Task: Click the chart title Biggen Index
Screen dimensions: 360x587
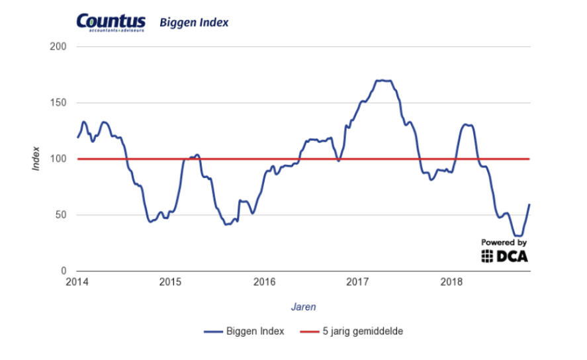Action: [194, 23]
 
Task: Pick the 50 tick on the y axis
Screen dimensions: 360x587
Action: [60, 215]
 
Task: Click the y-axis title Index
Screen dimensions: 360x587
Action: [37, 159]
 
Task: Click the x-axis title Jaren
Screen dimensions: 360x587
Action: [303, 307]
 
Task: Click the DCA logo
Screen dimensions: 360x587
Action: [505, 256]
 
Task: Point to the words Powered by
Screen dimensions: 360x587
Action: [504, 242]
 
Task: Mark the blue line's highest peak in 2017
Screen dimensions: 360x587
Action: [384, 81]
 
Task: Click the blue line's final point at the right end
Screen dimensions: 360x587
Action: [530, 204]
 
